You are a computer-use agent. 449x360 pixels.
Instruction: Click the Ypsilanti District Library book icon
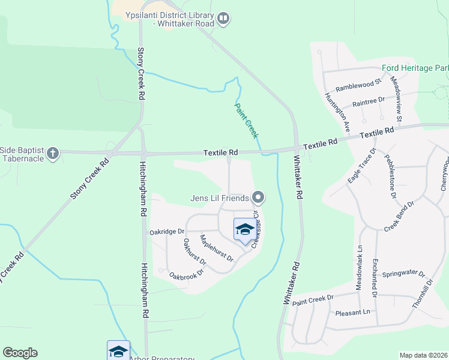click(223, 19)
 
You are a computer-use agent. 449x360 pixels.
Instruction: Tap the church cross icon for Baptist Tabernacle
click(53, 153)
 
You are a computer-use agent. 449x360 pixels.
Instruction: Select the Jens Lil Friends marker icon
click(259, 197)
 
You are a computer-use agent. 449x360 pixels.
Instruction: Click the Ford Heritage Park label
click(415, 68)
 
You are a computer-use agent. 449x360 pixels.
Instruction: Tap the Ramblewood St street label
click(358, 86)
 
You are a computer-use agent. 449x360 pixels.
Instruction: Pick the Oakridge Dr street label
click(167, 231)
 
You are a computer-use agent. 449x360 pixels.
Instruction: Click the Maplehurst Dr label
click(217, 248)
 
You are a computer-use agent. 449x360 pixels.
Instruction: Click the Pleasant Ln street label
click(353, 313)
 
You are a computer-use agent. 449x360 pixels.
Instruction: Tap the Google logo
click(20, 353)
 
